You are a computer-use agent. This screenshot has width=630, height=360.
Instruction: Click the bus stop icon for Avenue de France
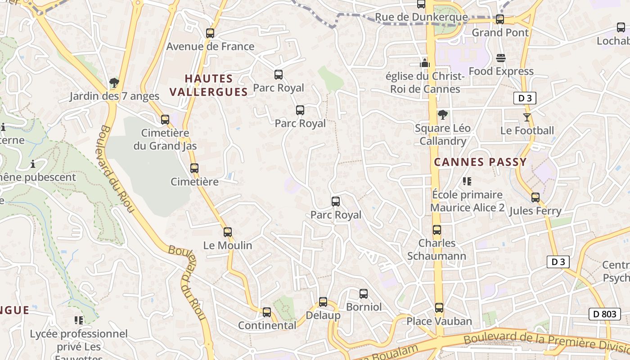[210, 33]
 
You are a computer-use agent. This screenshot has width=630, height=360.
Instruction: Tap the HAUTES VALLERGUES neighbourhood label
[209, 85]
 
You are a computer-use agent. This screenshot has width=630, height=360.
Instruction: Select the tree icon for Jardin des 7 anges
[114, 83]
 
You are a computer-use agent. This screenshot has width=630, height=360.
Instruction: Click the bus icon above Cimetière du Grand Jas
[165, 120]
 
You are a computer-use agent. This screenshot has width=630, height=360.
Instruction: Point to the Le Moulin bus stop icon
[228, 232]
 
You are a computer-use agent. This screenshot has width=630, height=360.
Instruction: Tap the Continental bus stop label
[267, 325]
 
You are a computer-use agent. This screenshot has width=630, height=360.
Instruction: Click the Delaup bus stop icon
[323, 302]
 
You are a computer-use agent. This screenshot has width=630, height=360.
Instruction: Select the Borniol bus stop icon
[364, 294]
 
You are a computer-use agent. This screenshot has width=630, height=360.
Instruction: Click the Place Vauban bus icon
[439, 308]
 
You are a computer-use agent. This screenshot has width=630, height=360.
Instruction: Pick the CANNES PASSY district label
[480, 162]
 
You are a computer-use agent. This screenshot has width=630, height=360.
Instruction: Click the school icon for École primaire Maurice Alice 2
[467, 181]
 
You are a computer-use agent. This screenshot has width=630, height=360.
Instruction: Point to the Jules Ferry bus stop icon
[535, 198]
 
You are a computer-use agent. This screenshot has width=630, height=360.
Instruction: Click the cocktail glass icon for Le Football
[527, 117]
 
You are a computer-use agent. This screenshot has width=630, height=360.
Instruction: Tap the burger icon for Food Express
[501, 58]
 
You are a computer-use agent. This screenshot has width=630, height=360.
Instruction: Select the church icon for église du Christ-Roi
[425, 63]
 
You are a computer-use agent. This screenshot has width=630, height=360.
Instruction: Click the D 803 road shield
[604, 314]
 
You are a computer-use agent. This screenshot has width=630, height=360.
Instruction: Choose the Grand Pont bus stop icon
[500, 19]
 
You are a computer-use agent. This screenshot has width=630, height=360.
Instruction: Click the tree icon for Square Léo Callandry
[443, 115]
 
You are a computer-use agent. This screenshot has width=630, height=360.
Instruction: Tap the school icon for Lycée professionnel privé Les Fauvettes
[79, 320]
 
